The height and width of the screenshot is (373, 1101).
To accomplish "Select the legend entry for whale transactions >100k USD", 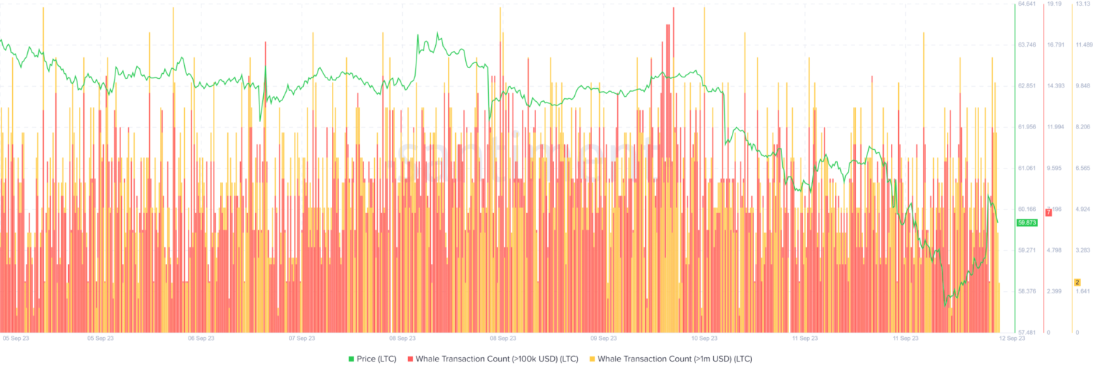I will tap(493, 359).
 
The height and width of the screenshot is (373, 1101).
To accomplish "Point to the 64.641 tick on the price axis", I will tap(1026, 4).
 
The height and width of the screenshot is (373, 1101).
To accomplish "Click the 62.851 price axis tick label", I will tap(1026, 86).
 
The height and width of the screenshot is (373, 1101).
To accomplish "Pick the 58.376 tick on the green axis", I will tap(1026, 291).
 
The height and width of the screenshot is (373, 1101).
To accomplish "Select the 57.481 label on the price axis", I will tap(1026, 333).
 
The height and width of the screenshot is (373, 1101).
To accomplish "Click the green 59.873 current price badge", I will tap(1027, 222).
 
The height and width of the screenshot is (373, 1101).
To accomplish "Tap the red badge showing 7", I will tap(1048, 212).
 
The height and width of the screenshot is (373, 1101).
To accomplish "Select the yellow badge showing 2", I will tap(1077, 282).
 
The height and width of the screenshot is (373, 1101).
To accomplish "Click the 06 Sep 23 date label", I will tap(201, 338).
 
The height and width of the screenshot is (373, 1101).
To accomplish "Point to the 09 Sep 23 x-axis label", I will tap(604, 338).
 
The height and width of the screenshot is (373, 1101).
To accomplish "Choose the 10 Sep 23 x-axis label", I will tap(704, 338).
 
